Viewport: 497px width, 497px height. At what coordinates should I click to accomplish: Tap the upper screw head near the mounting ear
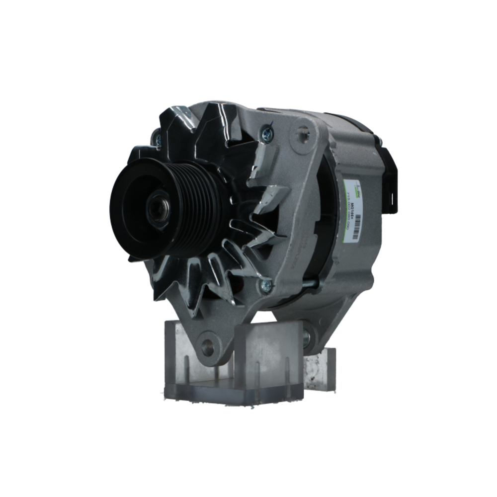click(x=267, y=132)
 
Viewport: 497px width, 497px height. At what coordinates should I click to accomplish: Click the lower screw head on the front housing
click(x=266, y=285)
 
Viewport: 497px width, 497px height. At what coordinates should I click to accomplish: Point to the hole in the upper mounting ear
click(x=303, y=133)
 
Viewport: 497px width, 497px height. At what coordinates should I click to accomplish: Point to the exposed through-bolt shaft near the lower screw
click(x=303, y=284)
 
